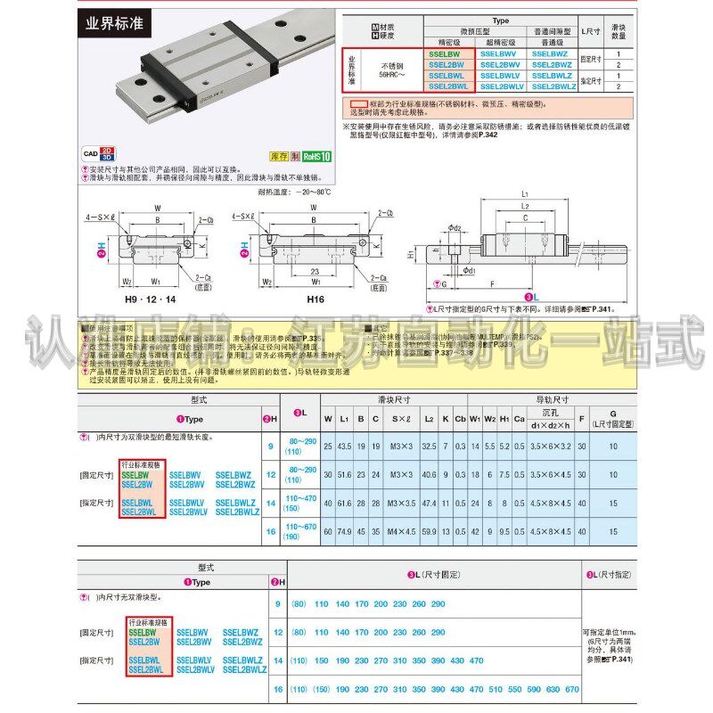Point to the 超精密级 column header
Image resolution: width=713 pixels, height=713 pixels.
(500, 42)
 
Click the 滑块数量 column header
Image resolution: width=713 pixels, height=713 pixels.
(618, 32)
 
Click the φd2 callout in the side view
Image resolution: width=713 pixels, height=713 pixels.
(455, 228)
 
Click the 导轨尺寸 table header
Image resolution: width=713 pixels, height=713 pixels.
(551, 399)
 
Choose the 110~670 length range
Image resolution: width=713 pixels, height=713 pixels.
(297, 528)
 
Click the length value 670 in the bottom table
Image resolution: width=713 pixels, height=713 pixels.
(572, 689)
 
